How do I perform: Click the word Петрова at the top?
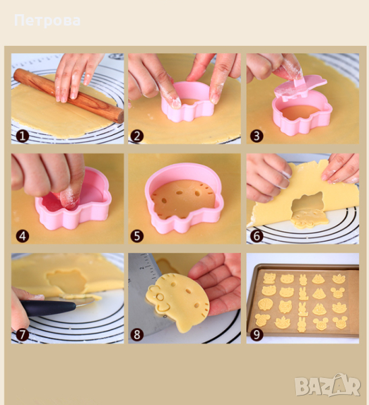[x=47, y=20]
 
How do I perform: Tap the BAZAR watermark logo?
[x=327, y=385]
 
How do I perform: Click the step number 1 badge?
[x=22, y=136]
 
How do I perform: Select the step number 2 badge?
[x=137, y=136]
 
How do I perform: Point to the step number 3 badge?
[x=256, y=136]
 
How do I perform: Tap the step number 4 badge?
[x=22, y=236]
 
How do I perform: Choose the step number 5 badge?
[x=137, y=236]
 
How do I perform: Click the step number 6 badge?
[x=256, y=236]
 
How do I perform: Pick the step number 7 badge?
[x=22, y=335]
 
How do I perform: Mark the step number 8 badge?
[x=137, y=335]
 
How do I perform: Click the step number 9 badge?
[x=256, y=335]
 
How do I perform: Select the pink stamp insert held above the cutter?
[x=300, y=87]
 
